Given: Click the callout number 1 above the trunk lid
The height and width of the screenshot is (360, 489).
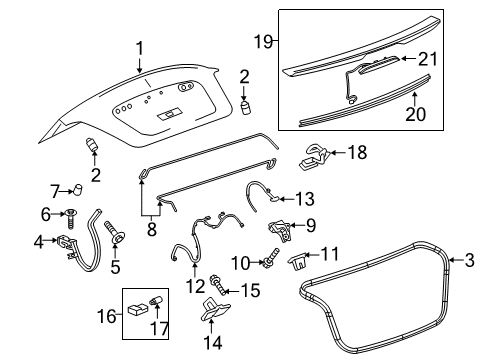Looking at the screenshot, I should tap(140, 46).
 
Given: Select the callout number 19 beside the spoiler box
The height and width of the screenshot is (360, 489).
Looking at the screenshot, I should tap(262, 42).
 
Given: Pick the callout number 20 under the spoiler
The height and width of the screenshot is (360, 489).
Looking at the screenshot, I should tap(414, 114).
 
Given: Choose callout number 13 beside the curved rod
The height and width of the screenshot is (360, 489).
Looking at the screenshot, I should tap(305, 200).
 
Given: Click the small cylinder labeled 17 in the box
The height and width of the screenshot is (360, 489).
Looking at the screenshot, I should tap(156, 301).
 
